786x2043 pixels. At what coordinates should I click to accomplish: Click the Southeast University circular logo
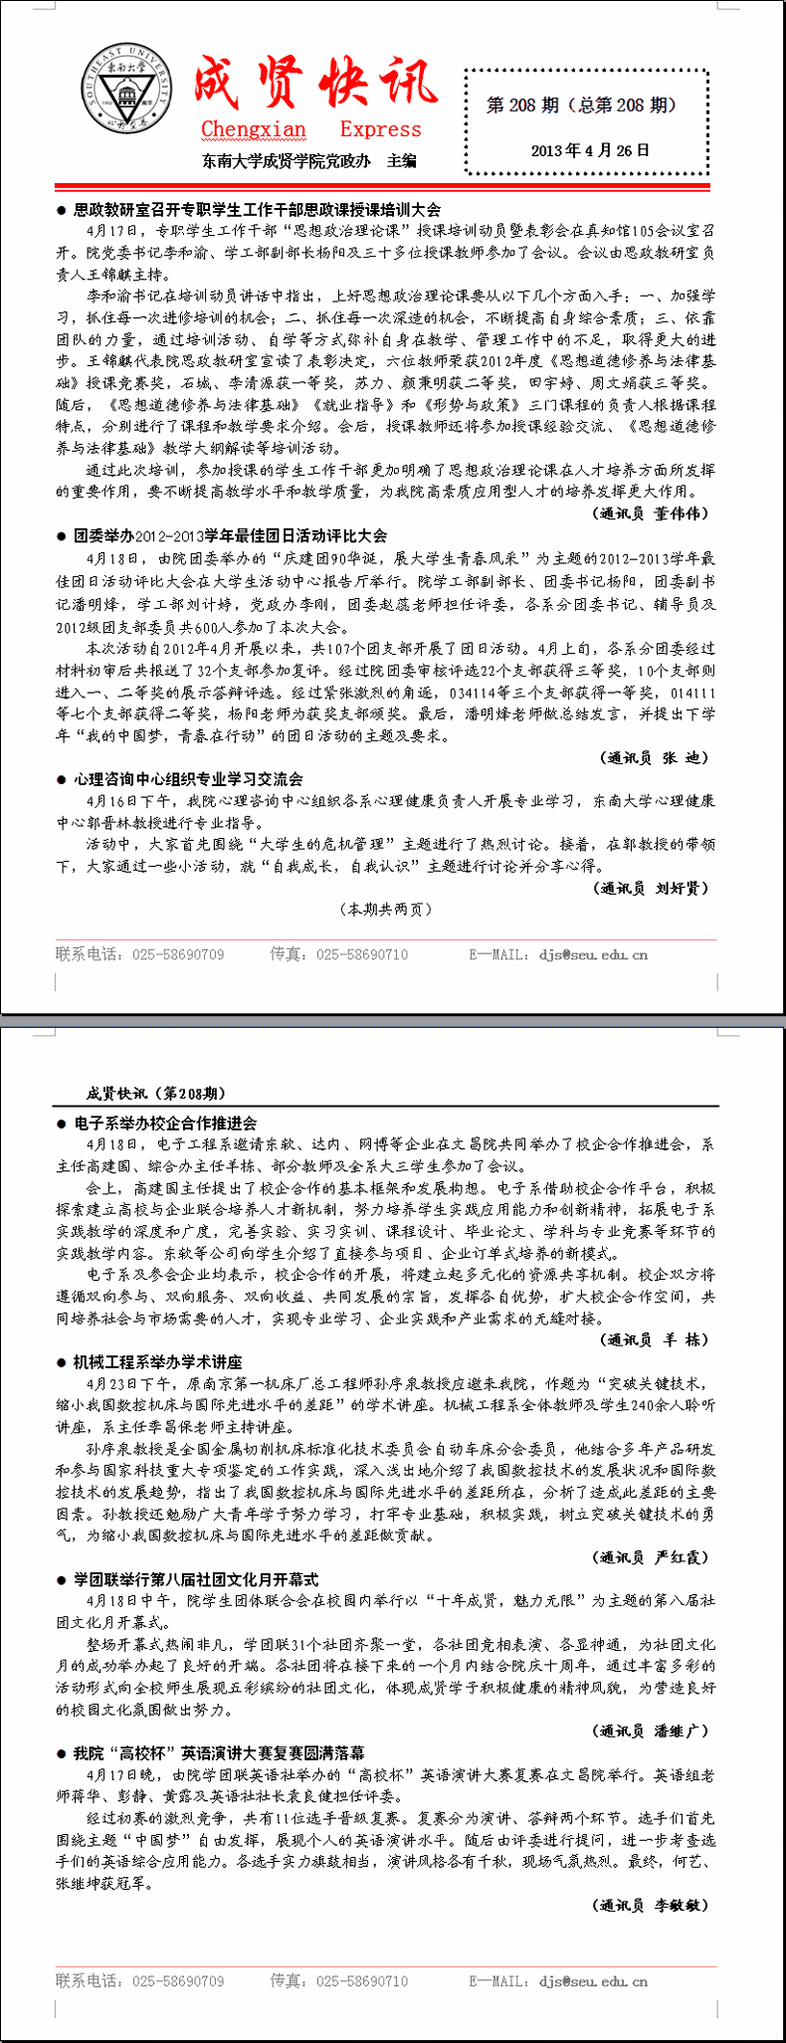pyautogui.click(x=124, y=91)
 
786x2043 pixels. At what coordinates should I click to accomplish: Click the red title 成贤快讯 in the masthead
pyautogui.click(x=314, y=85)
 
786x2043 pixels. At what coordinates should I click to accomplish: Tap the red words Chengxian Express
pyautogui.click(x=310, y=129)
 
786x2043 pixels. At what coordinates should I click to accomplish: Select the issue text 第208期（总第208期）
pyautogui.click(x=581, y=104)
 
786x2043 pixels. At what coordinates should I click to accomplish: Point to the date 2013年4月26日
pyautogui.click(x=589, y=150)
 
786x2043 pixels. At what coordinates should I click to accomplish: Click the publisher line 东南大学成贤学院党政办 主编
pyautogui.click(x=308, y=160)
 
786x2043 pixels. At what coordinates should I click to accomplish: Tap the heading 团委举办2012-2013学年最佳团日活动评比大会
pyautogui.click(x=230, y=535)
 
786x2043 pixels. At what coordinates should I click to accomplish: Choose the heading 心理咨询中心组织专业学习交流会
pyautogui.click(x=188, y=779)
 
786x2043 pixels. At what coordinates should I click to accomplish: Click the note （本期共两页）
pyautogui.click(x=387, y=909)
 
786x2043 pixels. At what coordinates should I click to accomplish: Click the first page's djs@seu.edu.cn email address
pyautogui.click(x=593, y=954)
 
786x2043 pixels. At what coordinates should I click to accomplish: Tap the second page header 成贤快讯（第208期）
pyautogui.click(x=155, y=1093)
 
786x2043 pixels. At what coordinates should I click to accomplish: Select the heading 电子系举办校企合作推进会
pyautogui.click(x=165, y=1123)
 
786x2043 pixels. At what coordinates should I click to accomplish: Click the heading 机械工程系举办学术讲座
pyautogui.click(x=157, y=1361)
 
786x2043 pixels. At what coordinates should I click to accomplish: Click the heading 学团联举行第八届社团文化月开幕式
pyautogui.click(x=196, y=1578)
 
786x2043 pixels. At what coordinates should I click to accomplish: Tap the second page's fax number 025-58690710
pyautogui.click(x=362, y=1980)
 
